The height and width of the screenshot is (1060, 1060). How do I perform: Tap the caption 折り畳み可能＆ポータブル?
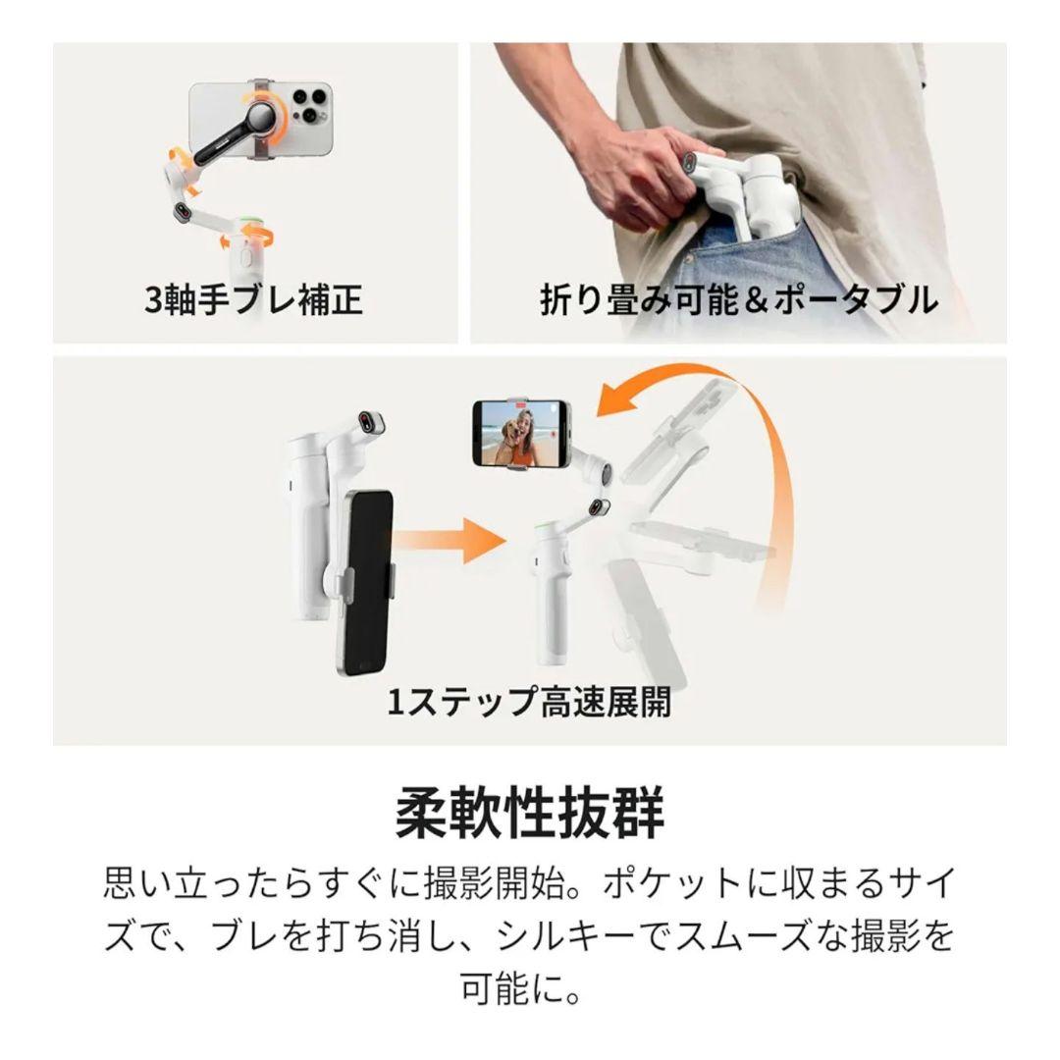tap(738, 299)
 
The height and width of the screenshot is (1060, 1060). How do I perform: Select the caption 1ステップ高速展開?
tap(529, 703)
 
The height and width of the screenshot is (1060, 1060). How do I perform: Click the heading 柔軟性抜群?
tap(529, 812)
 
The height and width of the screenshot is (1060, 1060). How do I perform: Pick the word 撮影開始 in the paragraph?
tap(480, 883)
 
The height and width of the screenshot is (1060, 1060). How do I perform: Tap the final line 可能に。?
tap(529, 988)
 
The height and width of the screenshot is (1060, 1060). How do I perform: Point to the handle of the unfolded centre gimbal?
tap(549, 609)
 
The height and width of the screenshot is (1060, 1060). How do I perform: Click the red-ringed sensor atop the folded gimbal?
tap(368, 423)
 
